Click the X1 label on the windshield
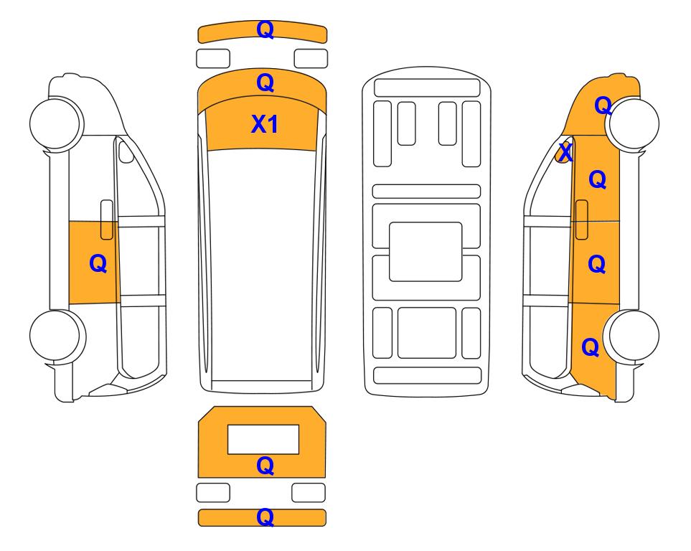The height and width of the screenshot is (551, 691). click(264, 124)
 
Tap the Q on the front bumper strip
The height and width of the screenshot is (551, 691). click(265, 29)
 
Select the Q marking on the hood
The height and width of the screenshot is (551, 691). click(265, 83)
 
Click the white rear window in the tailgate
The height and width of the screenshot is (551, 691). click(263, 439)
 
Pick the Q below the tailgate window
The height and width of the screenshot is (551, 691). click(265, 466)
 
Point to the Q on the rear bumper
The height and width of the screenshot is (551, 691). click(265, 517)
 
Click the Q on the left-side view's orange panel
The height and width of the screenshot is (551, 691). click(98, 263)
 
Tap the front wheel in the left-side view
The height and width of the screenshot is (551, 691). click(56, 123)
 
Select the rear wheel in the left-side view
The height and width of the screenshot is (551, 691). click(57, 336)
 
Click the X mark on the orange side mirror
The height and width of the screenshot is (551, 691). click(565, 153)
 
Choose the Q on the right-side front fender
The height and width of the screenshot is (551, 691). click(603, 105)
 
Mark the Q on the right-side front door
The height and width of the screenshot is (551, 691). click(598, 179)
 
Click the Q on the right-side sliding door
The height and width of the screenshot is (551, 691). click(597, 264)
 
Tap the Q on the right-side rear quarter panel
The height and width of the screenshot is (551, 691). click(591, 347)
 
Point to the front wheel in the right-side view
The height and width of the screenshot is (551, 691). click(633, 124)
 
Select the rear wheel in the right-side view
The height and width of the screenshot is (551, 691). click(632, 336)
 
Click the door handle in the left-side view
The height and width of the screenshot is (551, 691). click(107, 220)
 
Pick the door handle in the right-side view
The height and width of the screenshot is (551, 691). click(582, 220)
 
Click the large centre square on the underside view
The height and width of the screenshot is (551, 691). click(426, 252)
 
